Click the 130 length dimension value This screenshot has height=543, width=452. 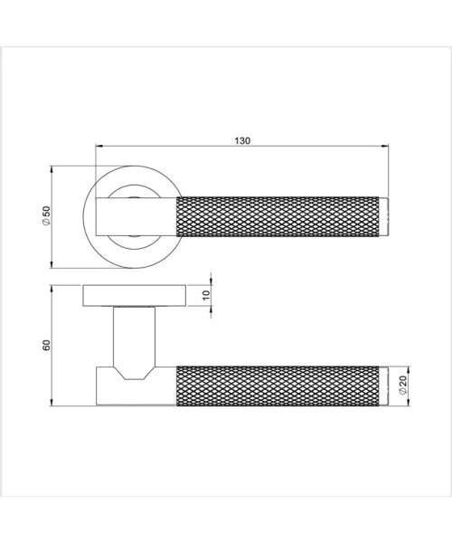pos(242,141)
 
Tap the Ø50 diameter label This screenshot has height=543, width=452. pos(44,217)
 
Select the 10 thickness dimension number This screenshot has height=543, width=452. pos(205,296)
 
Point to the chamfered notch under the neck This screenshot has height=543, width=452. pos(134,372)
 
